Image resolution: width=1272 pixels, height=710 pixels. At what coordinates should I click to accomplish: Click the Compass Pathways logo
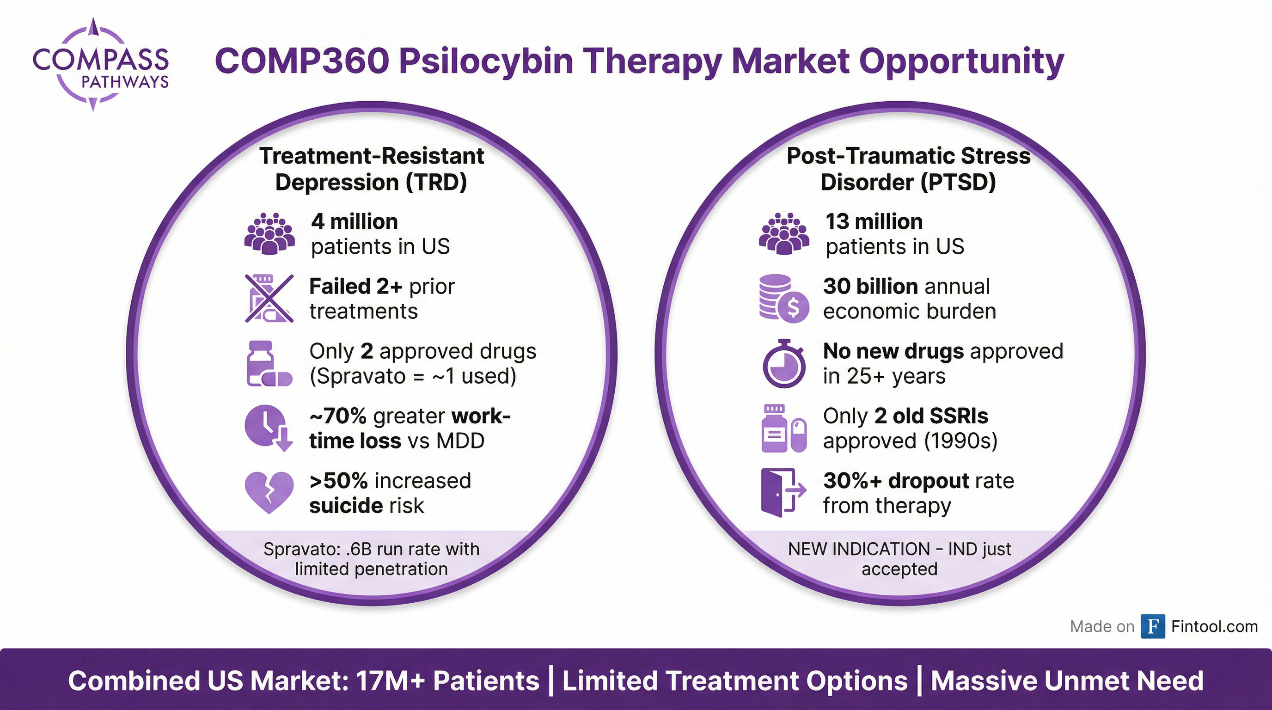tap(100, 65)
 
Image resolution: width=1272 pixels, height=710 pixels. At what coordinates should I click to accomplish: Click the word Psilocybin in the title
tap(486, 62)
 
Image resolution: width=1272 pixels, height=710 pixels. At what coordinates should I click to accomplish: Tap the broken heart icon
tap(269, 492)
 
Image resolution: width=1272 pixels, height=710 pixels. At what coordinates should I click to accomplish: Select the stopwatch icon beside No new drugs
tap(783, 363)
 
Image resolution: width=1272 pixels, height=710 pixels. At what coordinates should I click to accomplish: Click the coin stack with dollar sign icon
tap(783, 298)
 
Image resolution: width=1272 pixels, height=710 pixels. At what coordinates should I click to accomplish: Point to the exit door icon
tap(783, 492)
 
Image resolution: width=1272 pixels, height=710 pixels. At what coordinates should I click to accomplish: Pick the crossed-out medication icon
tap(269, 298)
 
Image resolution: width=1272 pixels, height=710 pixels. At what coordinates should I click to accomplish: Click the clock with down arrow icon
tap(269, 428)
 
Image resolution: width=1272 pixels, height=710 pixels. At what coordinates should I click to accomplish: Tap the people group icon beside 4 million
tap(269, 233)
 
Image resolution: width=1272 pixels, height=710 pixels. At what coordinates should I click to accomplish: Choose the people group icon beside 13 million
tap(783, 233)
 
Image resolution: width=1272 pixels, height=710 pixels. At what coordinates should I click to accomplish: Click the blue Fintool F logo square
tap(1152, 626)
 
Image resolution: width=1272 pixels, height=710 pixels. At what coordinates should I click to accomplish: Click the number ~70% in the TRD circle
tap(338, 416)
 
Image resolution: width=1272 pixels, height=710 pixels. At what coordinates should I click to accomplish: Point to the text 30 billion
tap(870, 287)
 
